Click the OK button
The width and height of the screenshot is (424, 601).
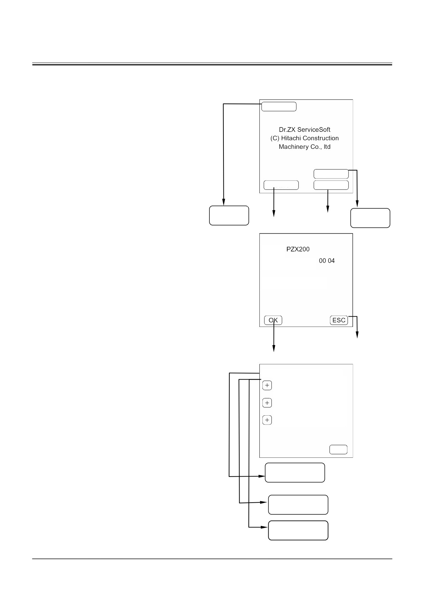coord(273,320)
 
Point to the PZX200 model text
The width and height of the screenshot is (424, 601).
coord(298,249)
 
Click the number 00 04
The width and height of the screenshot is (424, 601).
coord(327,261)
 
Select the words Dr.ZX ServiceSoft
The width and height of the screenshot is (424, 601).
coord(305,130)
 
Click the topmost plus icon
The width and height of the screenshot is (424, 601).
coord(267,385)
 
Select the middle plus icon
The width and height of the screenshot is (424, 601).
coord(267,403)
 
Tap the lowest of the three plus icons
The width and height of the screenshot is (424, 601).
coord(267,420)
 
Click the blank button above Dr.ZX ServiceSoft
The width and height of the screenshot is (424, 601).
coord(279,107)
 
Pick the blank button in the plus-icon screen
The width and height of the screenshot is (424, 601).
coord(338,450)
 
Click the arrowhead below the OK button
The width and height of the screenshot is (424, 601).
coord(274,349)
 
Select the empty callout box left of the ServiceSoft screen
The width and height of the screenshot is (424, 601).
coord(229,216)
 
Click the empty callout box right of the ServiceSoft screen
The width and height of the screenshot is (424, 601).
coord(370,218)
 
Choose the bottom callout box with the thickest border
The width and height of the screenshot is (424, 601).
coord(298,530)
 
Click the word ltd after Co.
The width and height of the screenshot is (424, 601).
coord(327,147)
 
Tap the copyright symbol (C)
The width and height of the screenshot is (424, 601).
coord(275,138)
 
